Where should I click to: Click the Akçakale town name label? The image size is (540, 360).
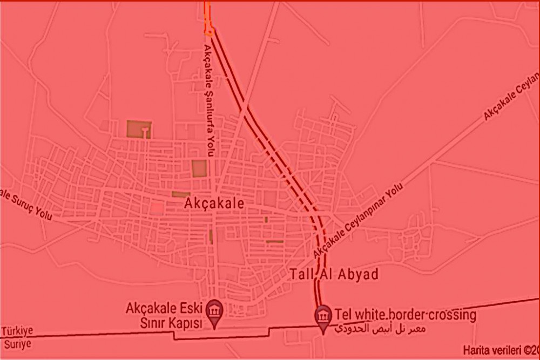(214, 203)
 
